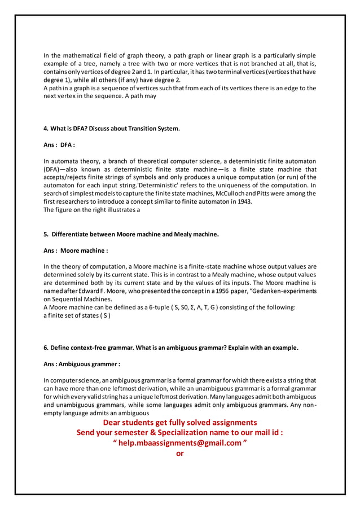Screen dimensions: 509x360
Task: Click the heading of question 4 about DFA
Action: [112, 129]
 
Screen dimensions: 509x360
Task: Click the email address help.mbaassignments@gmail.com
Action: [180, 443]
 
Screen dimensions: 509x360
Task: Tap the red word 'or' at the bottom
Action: [180, 453]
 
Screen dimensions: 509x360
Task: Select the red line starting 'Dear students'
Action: [180, 422]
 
